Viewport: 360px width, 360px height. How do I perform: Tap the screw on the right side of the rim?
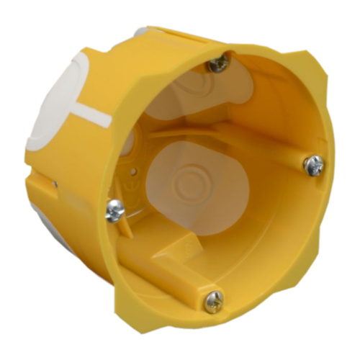[x=313, y=166]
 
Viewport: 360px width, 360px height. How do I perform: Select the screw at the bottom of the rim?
[x=214, y=302]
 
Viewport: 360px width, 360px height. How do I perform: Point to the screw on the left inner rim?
[x=114, y=211]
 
